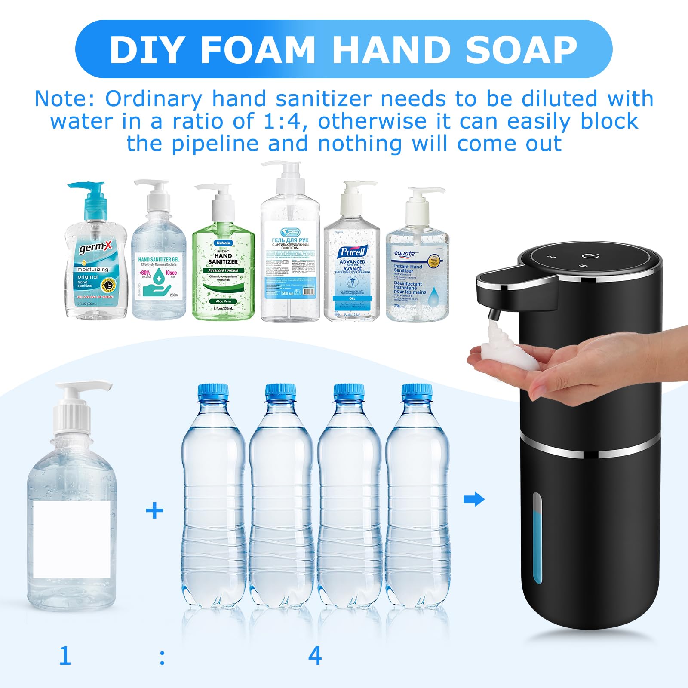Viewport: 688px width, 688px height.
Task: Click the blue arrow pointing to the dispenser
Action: (474, 499)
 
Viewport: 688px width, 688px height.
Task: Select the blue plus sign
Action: (154, 511)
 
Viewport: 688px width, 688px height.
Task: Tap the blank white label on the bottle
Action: (71, 540)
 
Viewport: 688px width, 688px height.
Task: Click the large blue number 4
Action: (315, 656)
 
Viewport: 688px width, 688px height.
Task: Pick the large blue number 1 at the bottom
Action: (65, 656)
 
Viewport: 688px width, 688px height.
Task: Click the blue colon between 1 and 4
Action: (162, 658)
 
